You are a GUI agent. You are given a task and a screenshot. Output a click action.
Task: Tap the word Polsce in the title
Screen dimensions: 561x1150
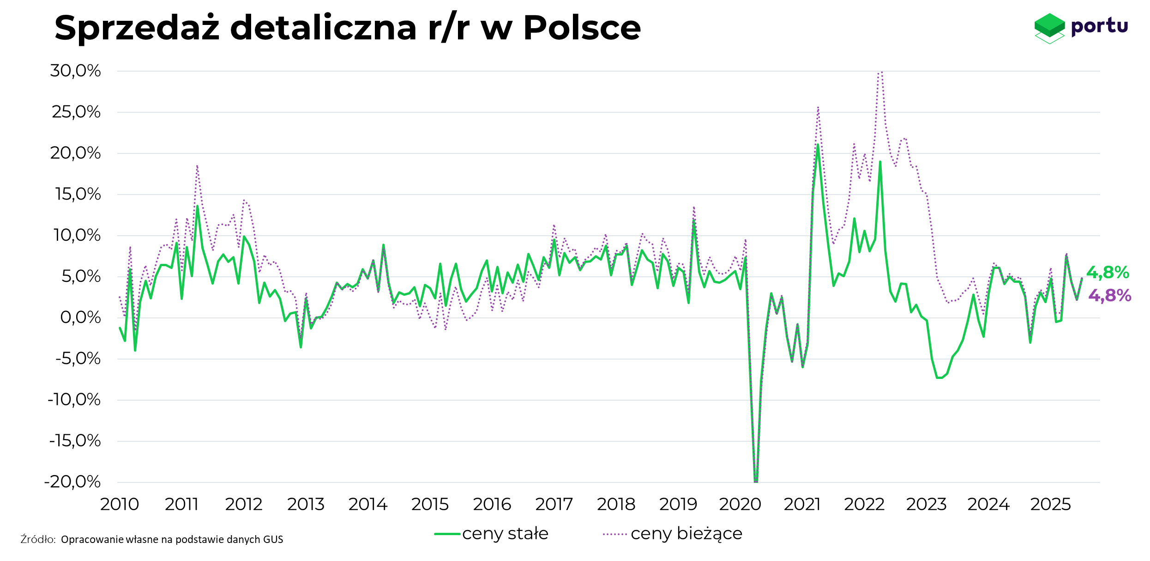(x=582, y=28)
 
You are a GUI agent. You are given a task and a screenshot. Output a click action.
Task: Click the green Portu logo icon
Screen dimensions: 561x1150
(x=1049, y=27)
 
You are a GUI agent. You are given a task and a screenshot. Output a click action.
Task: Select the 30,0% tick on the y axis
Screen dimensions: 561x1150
(x=75, y=71)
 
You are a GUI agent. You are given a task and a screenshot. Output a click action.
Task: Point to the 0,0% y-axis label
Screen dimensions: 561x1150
(x=80, y=317)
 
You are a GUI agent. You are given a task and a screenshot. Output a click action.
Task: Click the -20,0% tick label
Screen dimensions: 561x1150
(x=72, y=482)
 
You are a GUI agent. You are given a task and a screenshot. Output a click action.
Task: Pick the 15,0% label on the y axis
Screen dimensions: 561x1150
(x=78, y=194)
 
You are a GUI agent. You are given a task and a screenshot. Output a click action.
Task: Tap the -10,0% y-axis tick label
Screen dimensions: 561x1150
(x=74, y=400)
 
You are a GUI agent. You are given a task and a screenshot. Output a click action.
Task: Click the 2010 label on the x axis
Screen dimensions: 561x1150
(x=120, y=504)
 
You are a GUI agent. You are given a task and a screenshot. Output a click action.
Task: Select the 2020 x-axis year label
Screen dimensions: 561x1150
(x=740, y=504)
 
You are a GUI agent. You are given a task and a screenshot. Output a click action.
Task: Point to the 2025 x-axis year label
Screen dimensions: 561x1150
(x=1050, y=504)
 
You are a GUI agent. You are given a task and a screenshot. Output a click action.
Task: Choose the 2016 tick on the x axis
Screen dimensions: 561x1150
(x=492, y=504)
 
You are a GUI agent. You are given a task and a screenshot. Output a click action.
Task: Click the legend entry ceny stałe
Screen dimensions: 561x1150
(x=505, y=534)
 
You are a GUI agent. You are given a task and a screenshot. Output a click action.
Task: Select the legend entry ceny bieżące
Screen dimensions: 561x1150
(x=686, y=534)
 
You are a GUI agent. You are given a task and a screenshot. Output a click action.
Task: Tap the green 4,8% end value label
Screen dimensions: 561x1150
(x=1108, y=273)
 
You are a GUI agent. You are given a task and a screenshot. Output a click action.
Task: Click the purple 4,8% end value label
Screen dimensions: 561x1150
(x=1110, y=296)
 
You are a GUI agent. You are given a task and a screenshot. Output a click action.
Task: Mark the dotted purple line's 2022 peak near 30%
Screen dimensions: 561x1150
(x=880, y=72)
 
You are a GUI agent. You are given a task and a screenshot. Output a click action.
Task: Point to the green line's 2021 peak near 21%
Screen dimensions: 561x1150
(x=818, y=145)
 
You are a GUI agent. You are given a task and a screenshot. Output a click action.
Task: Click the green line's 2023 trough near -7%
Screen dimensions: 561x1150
(x=939, y=378)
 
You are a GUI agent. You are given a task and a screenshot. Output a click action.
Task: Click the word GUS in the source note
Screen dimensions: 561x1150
(x=273, y=539)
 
